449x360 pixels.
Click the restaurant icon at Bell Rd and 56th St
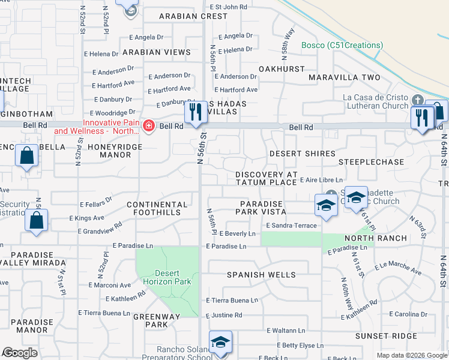[x=196, y=113]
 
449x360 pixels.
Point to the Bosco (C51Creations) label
[x=342, y=45]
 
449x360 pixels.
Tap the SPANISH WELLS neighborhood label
[x=261, y=275]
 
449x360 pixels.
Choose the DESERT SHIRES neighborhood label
[x=302, y=154]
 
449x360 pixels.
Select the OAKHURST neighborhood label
[x=282, y=69]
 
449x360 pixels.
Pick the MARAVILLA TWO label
[x=345, y=77]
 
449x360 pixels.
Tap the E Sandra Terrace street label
[x=291, y=225]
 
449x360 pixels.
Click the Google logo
[x=20, y=353]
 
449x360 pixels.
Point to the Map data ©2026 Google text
[x=411, y=355]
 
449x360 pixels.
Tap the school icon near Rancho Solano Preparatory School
[x=220, y=343]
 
